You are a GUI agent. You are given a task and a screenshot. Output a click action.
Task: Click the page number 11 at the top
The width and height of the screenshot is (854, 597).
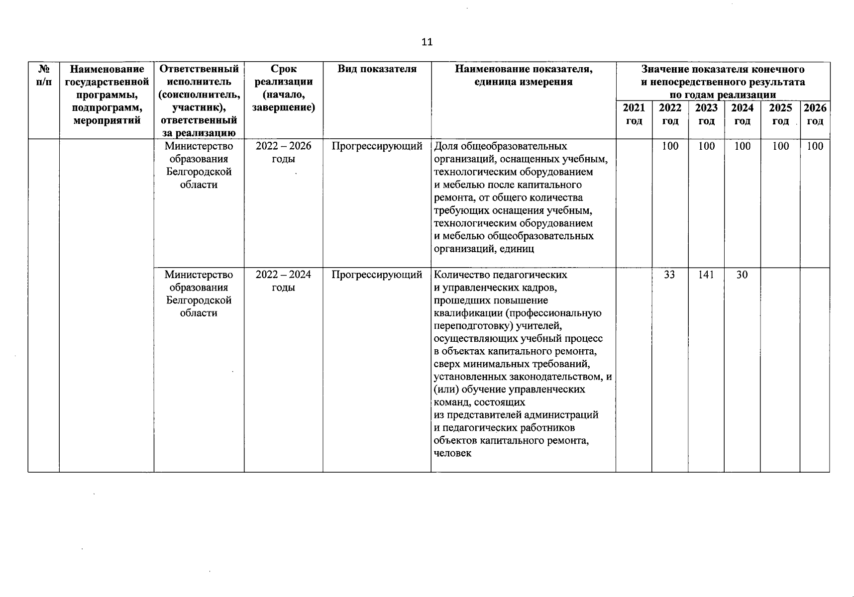coord(427,42)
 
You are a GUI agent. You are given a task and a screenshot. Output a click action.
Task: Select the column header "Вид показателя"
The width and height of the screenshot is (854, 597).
coord(377,69)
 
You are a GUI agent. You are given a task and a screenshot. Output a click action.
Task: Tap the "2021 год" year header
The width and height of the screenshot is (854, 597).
coord(634,114)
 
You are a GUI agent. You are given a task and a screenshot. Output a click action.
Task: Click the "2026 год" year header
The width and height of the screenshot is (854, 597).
coord(815,114)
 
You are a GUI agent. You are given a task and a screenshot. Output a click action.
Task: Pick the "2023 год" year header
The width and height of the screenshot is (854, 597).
coord(706,114)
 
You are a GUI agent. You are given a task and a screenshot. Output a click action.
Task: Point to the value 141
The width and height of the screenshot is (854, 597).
coord(706,275)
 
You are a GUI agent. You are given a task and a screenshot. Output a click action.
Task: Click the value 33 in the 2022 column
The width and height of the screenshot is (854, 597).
coord(669,275)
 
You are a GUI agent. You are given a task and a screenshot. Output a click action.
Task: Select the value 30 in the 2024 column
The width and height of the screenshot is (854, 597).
coord(742,275)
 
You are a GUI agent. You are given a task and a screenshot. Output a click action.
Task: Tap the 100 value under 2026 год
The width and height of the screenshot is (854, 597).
coord(815,146)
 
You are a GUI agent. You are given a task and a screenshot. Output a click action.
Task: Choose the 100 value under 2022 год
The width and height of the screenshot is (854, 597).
coord(670,146)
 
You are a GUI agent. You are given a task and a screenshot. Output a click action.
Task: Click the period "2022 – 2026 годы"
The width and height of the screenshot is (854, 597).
coord(283,152)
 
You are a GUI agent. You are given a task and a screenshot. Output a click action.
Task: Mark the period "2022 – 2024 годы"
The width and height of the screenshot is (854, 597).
coord(283,281)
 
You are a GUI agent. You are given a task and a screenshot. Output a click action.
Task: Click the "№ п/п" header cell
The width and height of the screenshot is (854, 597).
coord(44,76)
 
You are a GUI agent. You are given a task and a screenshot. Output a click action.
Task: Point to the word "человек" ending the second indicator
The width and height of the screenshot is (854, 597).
coord(452,453)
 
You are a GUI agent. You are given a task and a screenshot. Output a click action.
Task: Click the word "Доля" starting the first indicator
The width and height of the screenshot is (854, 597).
coord(446,146)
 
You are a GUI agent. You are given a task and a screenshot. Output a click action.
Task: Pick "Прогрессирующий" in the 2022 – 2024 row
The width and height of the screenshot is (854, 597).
coord(377,275)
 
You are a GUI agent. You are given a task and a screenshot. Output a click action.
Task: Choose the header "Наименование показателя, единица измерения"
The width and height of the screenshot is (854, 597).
coord(524,76)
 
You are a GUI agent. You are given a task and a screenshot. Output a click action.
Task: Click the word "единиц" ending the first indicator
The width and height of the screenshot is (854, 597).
coord(518,249)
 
